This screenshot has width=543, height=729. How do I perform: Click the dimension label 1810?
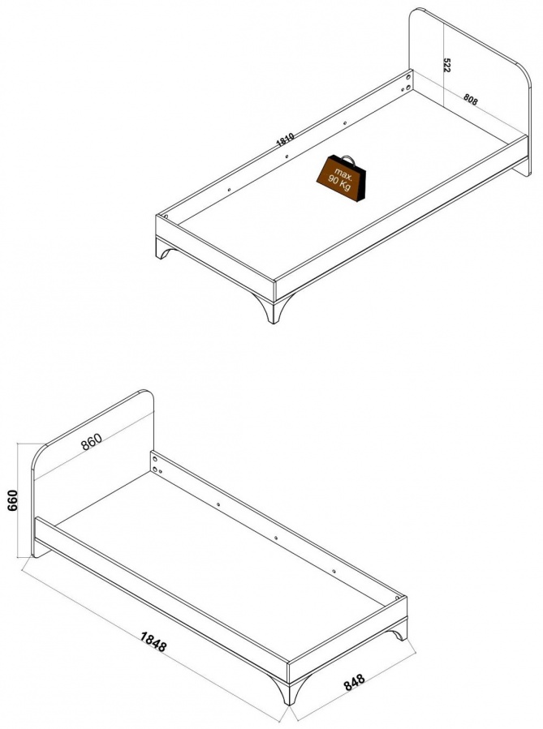(285, 139)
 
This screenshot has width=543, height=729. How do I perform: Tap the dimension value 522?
(446, 65)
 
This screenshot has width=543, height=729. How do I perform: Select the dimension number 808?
(471, 100)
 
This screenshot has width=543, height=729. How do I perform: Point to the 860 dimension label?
(91, 441)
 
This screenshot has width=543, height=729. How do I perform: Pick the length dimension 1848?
(153, 641)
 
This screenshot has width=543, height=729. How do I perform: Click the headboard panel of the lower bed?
(93, 470)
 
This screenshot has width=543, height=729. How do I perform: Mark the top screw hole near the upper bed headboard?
(408, 75)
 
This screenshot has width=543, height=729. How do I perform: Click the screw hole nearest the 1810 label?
(287, 157)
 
